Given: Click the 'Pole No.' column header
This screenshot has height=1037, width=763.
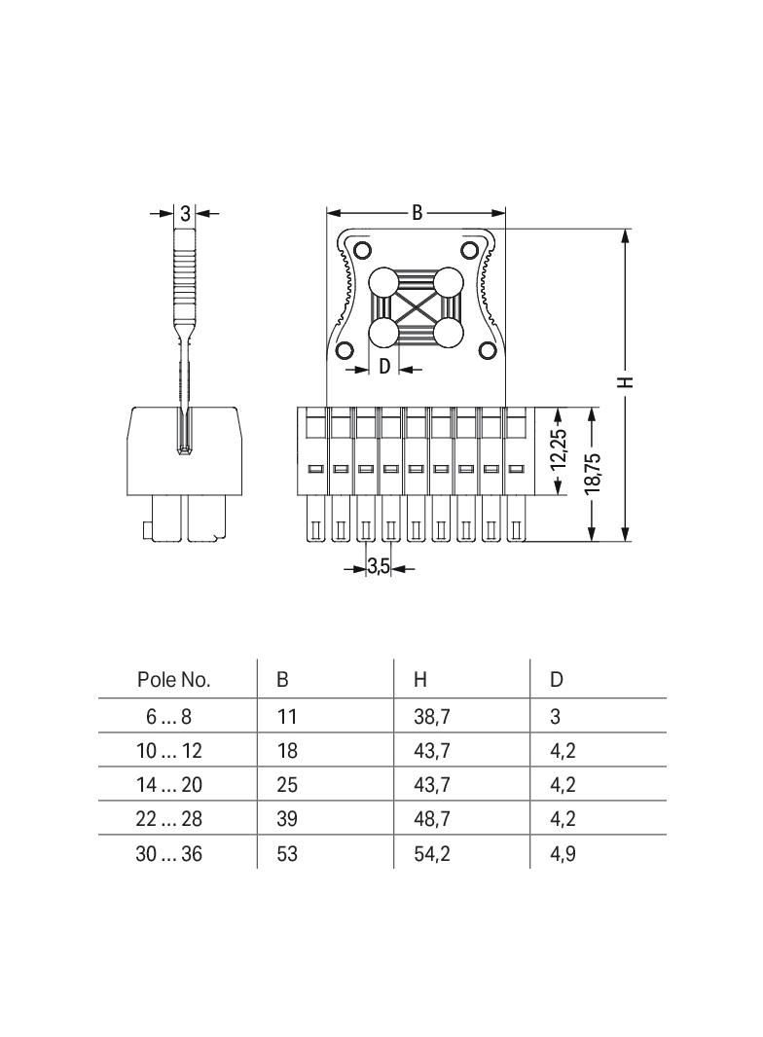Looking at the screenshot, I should pos(173,679).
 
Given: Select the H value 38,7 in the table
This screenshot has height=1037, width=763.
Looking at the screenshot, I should pos(432,717).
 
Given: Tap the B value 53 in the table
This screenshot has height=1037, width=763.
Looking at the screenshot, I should pos(287,853).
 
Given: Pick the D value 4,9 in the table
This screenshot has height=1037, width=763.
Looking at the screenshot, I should pos(563,853).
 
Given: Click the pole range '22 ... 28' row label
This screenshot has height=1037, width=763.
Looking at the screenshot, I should pos(169,819).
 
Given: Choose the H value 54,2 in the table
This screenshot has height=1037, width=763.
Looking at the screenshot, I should pos(432,853).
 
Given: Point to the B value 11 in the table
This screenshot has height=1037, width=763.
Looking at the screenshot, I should pos(286,717).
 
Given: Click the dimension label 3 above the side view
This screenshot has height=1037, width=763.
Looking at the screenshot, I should pos(185,214).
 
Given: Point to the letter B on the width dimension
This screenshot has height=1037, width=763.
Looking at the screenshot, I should pos(417,213).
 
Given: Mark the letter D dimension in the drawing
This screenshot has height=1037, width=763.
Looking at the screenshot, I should pos(384,367).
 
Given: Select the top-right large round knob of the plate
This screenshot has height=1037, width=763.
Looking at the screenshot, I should pos(449,283).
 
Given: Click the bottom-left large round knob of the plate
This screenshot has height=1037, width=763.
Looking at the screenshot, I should pos(382,334).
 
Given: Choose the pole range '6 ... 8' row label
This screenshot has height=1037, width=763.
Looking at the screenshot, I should pos(169,717).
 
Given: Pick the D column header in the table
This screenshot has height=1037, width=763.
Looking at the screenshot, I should pos(557,679).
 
